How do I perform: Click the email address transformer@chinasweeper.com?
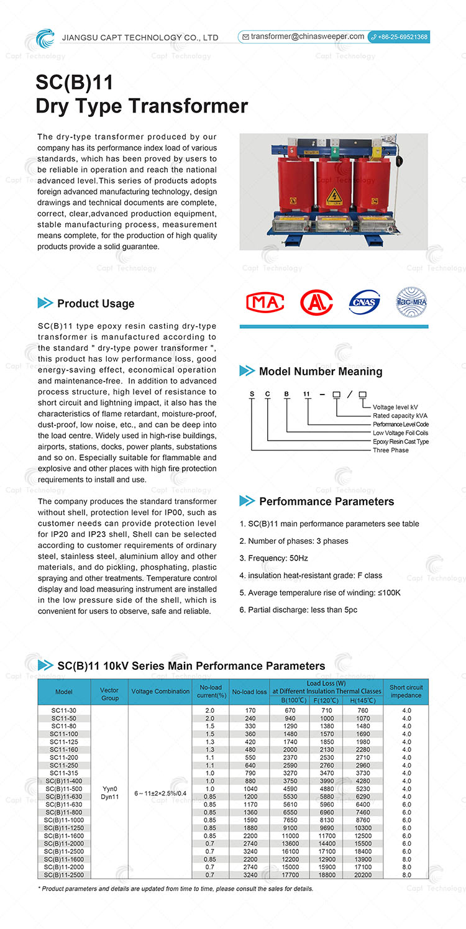pyautogui.click(x=307, y=37)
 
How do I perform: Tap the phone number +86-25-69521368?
pyautogui.click(x=402, y=37)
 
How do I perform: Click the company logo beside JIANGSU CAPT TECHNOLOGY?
pyautogui.click(x=45, y=37)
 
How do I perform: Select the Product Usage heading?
pyautogui.click(x=96, y=303)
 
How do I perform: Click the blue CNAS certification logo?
pyautogui.click(x=364, y=303)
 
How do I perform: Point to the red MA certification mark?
pyautogui.click(x=265, y=303)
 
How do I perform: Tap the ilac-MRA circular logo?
pyautogui.click(x=412, y=303)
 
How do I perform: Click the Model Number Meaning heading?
pyautogui.click(x=320, y=372)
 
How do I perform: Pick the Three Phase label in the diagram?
pyautogui.click(x=390, y=451)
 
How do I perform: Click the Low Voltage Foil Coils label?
pyautogui.click(x=400, y=433)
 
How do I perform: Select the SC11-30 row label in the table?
pyautogui.click(x=63, y=710)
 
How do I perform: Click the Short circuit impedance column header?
pyautogui.click(x=406, y=691)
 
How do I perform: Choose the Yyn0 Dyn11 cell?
pyautogui.click(x=110, y=792)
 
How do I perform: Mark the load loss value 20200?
pyautogui.click(x=362, y=875)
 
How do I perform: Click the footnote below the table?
pyautogui.click(x=176, y=889)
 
